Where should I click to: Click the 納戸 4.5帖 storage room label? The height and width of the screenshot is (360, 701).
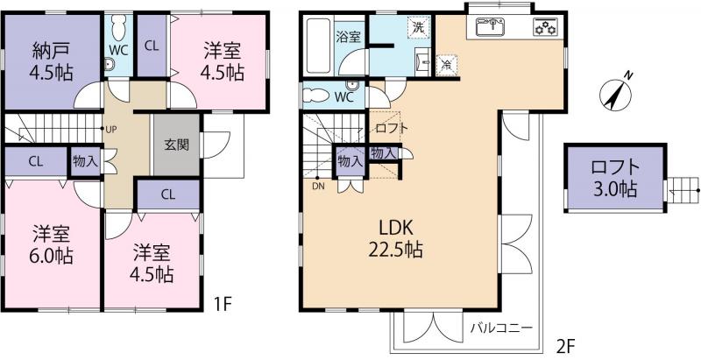[52, 61]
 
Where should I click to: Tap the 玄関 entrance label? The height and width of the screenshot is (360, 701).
[177, 145]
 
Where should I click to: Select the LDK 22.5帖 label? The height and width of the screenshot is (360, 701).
[396, 239]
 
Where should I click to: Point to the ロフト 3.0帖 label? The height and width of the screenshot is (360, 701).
[614, 179]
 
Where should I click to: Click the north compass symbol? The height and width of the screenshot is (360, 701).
[617, 92]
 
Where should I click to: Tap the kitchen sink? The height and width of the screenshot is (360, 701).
[490, 26]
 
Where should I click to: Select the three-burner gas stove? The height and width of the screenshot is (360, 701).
[546, 27]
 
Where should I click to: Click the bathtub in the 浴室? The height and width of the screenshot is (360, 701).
[319, 46]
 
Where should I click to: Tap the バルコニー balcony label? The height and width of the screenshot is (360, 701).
[501, 328]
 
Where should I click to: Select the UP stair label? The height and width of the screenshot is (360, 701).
[111, 129]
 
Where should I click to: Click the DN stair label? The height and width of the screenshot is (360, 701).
[318, 187]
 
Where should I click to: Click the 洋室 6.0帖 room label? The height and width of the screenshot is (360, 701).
[52, 244]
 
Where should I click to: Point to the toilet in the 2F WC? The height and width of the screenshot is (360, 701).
[319, 95]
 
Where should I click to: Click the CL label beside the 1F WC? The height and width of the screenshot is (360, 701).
[152, 46]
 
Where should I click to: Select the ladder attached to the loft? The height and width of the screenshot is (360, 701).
[682, 190]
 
